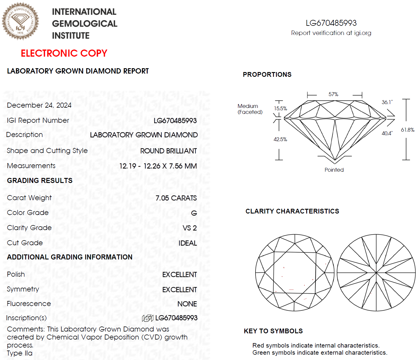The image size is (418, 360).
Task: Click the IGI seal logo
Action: coord(20,21)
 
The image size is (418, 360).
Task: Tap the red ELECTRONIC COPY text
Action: coord(64,53)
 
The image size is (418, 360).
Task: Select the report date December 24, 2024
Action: coord(39,105)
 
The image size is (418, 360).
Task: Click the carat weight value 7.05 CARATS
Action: coord(176,198)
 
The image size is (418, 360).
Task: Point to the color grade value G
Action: coord(194,213)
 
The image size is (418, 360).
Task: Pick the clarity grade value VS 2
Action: coord(190,228)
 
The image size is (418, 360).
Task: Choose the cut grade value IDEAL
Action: coord(188,243)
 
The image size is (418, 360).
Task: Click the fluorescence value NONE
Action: coord(187,304)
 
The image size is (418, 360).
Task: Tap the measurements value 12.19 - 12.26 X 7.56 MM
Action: coord(158,166)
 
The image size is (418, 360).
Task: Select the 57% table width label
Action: coord(333,94)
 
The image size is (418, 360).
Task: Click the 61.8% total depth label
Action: coord(408,130)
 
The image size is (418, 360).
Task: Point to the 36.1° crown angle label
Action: coord(387,102)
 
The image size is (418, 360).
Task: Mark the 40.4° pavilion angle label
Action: coord(387,133)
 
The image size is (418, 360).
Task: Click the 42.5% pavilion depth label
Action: coord(280,139)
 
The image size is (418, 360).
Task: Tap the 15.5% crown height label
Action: coord(280,109)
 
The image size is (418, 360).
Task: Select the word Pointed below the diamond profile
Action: coord(334,170)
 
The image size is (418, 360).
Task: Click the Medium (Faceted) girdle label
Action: coord(250,109)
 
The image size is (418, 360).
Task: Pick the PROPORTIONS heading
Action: coord(267,75)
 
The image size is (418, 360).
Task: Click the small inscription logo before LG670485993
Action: coord(148,318)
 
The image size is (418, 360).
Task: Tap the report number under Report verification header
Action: coord(331,23)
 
